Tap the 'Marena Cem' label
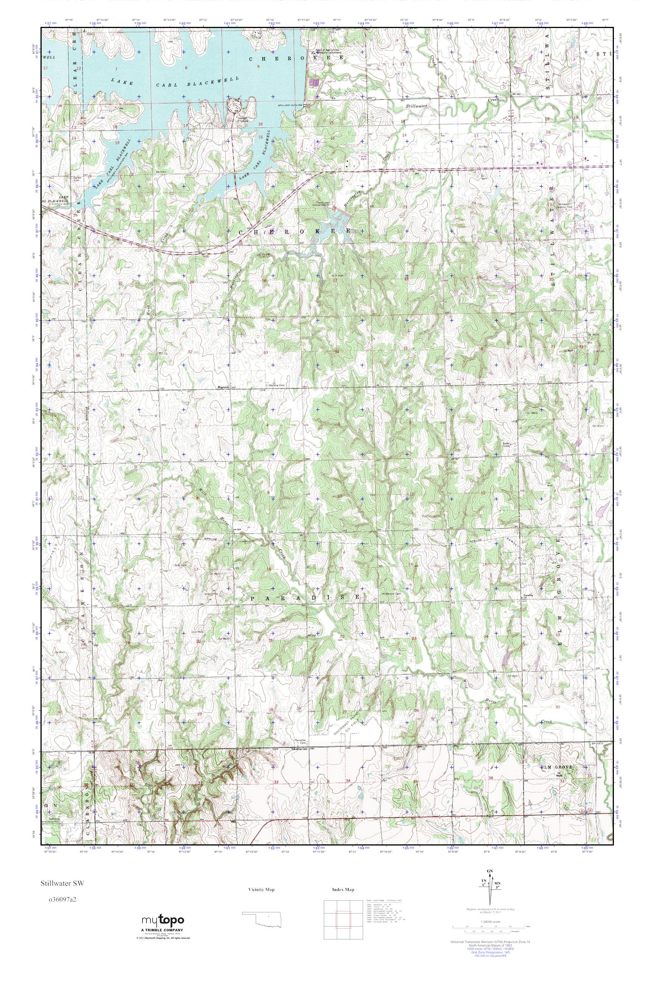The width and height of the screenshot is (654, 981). [277, 385]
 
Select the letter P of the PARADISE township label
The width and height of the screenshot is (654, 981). [252, 598]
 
